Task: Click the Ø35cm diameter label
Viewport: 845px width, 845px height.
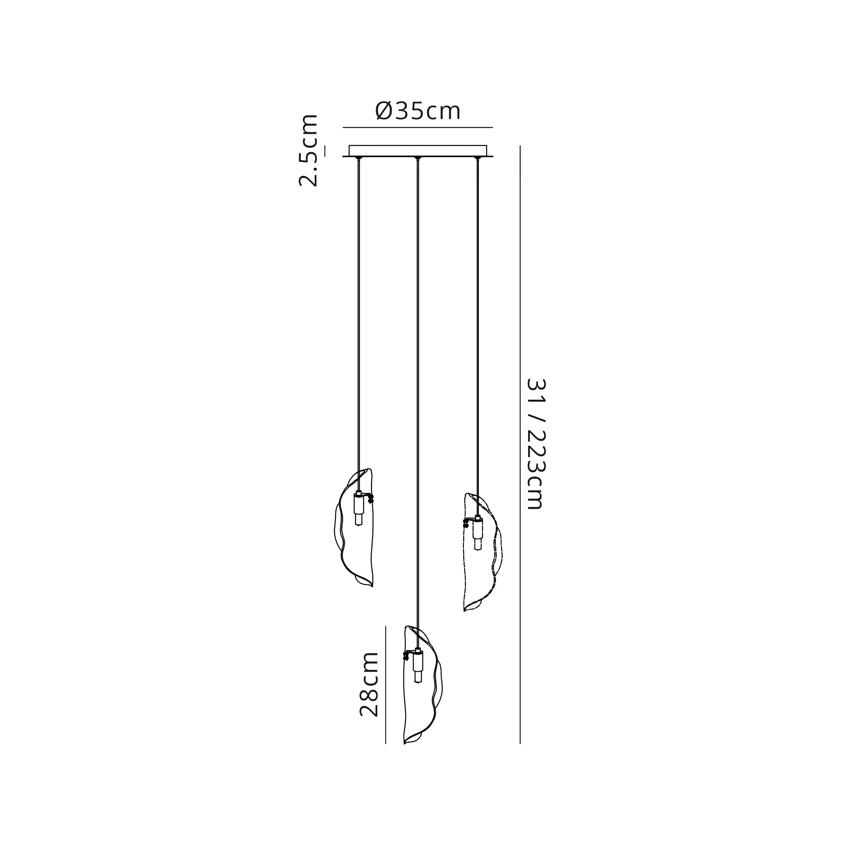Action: pyautogui.click(x=418, y=111)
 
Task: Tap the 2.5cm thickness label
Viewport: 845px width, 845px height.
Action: pyautogui.click(x=308, y=150)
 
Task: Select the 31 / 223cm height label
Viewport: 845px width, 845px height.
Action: pyautogui.click(x=535, y=444)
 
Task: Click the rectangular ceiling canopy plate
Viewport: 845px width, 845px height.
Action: pyautogui.click(x=418, y=150)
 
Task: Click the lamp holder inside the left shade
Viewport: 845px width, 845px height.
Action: pyautogui.click(x=359, y=508)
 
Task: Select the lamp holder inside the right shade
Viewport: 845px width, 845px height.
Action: pyautogui.click(x=477, y=533)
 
